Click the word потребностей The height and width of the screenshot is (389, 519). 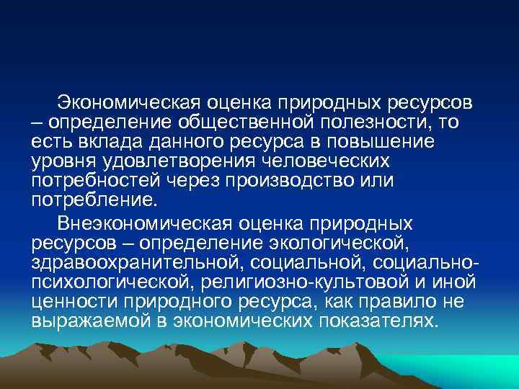87,181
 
